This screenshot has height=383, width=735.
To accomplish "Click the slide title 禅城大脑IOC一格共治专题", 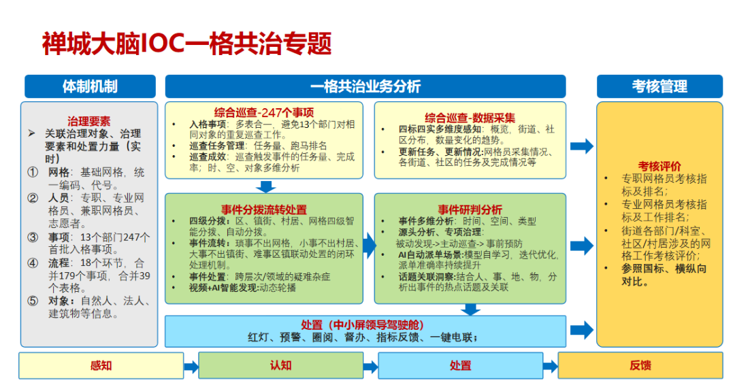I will tap(186, 44).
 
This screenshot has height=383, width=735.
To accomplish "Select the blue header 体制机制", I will tap(90, 86).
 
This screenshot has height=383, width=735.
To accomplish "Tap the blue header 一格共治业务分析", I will tap(365, 86).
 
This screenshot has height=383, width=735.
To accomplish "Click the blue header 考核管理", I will tap(659, 86).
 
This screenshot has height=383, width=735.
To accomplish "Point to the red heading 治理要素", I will tap(89, 122).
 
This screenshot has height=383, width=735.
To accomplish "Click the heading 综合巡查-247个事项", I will tap(263, 113).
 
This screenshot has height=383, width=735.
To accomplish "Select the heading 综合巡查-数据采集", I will tap(470, 116).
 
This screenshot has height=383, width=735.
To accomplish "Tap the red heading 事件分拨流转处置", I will tap(263, 209).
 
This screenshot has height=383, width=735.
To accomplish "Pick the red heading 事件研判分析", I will tap(470, 209).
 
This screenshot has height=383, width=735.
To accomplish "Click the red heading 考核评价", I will tap(659, 166).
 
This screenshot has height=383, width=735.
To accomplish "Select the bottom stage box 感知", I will tap(101, 365).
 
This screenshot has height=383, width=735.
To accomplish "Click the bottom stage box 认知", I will tap(280, 365).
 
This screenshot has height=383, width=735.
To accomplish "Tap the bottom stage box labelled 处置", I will tap(460, 365).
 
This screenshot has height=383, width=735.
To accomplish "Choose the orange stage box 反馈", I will tap(640, 365).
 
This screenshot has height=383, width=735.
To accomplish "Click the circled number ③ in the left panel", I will tap(33, 237).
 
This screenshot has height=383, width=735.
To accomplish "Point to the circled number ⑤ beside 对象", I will tap(33, 301).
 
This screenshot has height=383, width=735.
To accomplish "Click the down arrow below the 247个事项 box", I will tap(266, 186).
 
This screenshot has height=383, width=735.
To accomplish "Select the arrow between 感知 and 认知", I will tap(191, 367).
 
